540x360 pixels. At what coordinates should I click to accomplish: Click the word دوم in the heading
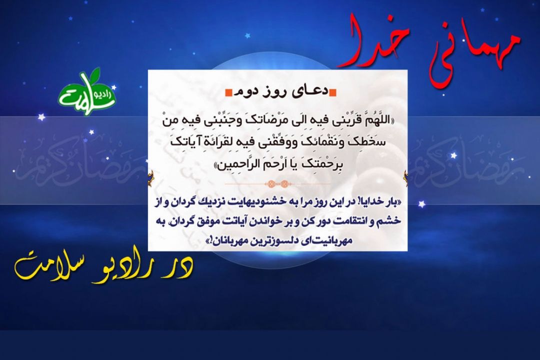[245, 92]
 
